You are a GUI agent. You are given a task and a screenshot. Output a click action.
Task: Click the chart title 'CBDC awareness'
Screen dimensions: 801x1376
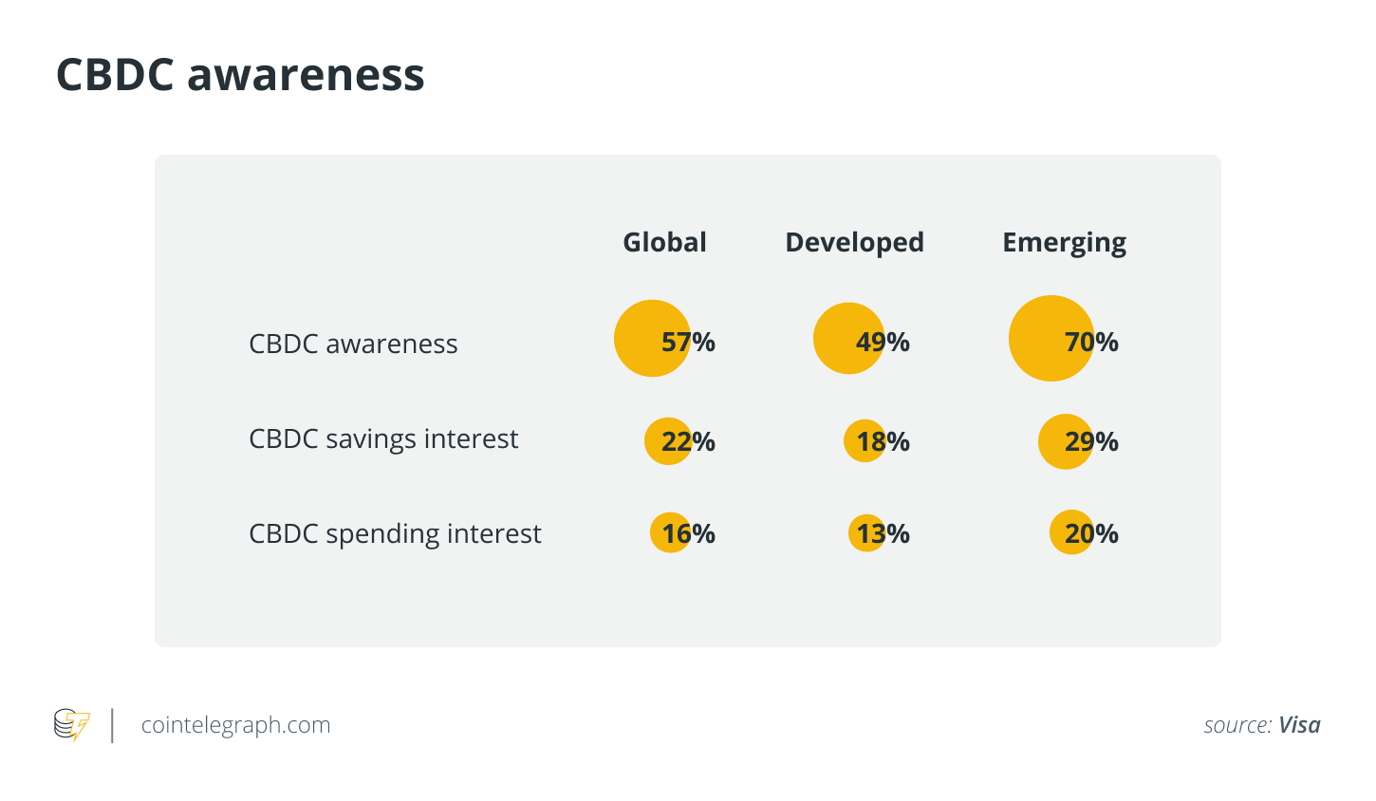[x=240, y=74]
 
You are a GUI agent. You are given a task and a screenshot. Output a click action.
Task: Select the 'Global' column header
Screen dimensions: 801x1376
[x=664, y=242]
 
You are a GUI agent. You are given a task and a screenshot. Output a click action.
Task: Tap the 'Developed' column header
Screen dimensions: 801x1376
[x=854, y=242]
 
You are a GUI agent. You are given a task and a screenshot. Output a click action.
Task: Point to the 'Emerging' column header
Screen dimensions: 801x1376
[x=1064, y=243]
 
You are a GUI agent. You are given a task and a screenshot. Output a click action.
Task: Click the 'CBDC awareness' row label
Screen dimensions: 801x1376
[x=353, y=344]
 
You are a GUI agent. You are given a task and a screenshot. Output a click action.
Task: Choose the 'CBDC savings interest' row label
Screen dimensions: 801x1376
[x=383, y=438]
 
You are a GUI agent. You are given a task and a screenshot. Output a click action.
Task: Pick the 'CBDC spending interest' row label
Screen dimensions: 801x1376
[x=395, y=533]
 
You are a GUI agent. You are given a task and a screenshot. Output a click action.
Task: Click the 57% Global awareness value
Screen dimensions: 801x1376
[x=688, y=342]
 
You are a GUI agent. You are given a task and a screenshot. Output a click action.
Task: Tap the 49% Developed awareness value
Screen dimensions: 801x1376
[x=883, y=342]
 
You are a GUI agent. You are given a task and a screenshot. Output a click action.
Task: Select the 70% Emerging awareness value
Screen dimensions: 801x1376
[x=1091, y=342]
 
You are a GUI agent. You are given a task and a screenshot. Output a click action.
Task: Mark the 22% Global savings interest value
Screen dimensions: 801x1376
[x=688, y=441]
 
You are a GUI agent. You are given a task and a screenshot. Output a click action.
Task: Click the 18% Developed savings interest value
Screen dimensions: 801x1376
[x=883, y=441]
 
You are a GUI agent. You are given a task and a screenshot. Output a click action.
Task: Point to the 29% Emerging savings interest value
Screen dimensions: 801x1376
[x=1091, y=441]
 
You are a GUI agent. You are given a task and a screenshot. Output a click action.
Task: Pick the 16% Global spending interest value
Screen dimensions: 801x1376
[x=688, y=533]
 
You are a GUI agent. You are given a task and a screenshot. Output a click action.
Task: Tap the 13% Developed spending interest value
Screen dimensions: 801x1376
[x=883, y=533]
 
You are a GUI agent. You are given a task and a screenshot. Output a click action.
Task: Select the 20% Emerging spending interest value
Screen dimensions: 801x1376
[x=1091, y=533]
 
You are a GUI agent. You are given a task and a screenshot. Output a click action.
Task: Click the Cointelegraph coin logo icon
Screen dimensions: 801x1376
[x=72, y=725]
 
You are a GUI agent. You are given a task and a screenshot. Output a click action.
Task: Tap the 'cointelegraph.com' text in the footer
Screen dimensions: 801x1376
[x=235, y=725]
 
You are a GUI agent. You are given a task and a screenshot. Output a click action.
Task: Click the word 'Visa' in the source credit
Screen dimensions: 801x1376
[x=1299, y=725]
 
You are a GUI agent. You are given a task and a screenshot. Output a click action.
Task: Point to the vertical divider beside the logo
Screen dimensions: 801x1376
[x=113, y=725]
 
